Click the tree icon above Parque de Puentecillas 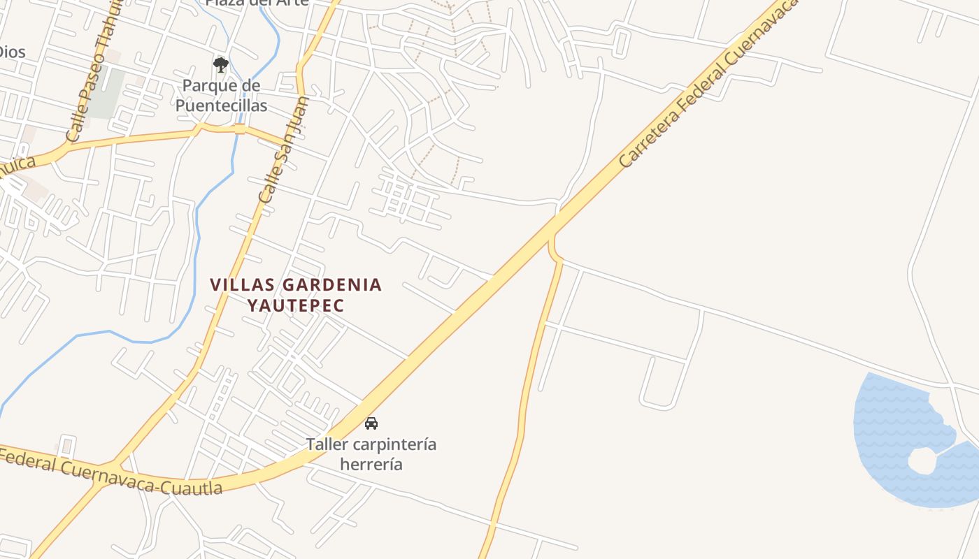pyautogui.click(x=221, y=65)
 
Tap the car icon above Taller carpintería pyautogui.click(x=371, y=423)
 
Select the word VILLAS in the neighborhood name pyautogui.click(x=243, y=285)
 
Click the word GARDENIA pyautogui.click(x=332, y=285)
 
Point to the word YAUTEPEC pyautogui.click(x=296, y=306)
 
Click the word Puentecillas pyautogui.click(x=221, y=106)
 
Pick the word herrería pyautogui.click(x=371, y=464)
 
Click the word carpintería pyautogui.click(x=394, y=444)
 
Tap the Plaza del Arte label pyautogui.click(x=257, y=3)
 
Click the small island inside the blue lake pyautogui.click(x=922, y=460)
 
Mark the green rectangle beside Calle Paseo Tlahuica pyautogui.click(x=107, y=93)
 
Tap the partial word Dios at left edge pyautogui.click(x=12, y=51)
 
